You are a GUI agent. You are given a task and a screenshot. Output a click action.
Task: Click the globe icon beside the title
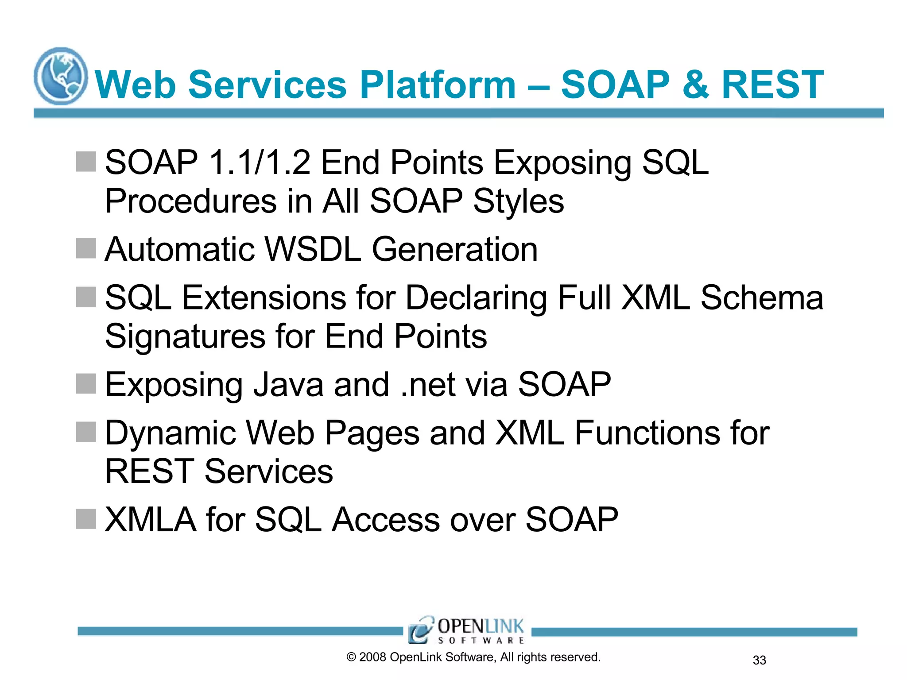[x=61, y=76]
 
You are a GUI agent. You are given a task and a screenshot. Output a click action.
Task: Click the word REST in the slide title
[x=772, y=85]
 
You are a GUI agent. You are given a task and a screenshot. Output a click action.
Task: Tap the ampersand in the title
[x=695, y=85]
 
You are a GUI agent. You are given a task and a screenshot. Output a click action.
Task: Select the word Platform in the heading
[x=438, y=85]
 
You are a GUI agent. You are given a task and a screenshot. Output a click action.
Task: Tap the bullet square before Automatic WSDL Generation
[x=86, y=248]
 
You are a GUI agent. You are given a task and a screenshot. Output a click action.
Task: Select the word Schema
[x=762, y=297]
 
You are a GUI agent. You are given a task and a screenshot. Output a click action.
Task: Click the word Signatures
[x=185, y=336]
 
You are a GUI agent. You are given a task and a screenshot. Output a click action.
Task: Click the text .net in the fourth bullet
[x=428, y=384]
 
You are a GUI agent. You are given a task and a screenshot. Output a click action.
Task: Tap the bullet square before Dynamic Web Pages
[x=86, y=432]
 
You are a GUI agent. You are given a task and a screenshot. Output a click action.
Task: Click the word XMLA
[x=150, y=519]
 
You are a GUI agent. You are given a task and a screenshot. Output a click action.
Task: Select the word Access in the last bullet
[x=386, y=519]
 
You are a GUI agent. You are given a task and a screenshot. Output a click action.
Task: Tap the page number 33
[x=759, y=660]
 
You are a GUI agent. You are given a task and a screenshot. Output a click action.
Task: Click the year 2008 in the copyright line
[x=372, y=657]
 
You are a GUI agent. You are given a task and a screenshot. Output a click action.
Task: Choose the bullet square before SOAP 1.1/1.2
[x=86, y=162]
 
